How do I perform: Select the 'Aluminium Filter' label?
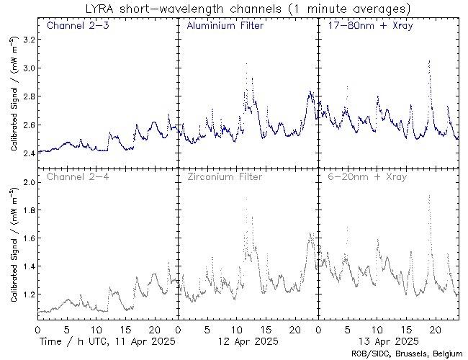point(225,26)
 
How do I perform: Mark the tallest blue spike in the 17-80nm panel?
point(429,63)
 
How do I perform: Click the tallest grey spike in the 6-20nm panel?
point(429,196)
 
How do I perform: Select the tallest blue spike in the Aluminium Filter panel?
point(246,64)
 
